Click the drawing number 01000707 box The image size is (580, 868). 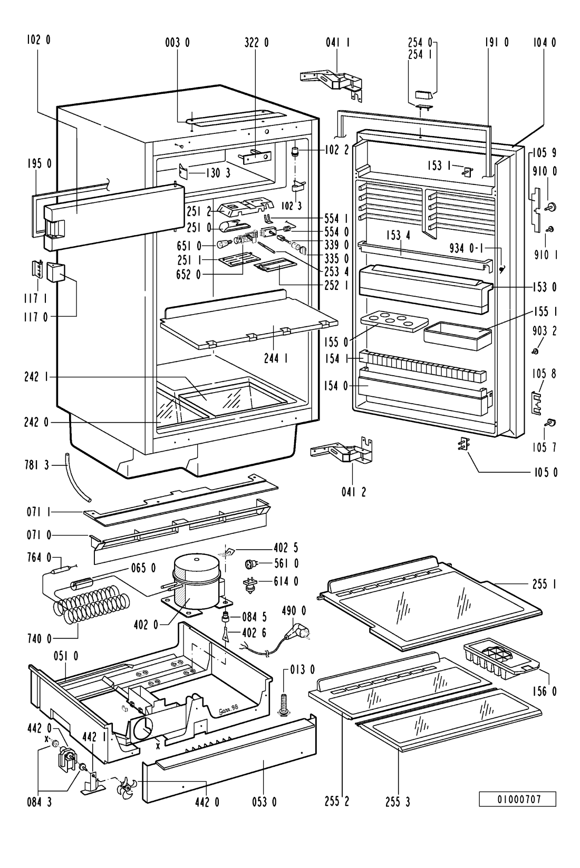(518, 799)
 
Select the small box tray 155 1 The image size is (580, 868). (457, 335)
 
